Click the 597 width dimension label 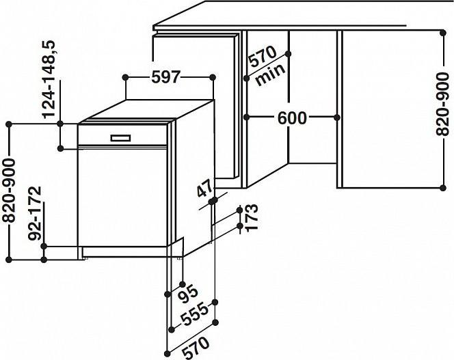tap(166, 77)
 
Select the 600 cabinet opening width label tap(292, 117)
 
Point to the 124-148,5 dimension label tap(49, 79)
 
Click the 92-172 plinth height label tap(35, 214)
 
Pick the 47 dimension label tap(205, 188)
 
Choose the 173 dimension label tap(251, 217)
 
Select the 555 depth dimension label tap(194, 314)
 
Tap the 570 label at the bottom tap(195, 348)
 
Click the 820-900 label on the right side tap(442, 105)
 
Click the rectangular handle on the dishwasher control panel tap(120, 138)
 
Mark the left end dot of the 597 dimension tap(125, 77)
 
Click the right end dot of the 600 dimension tap(336, 117)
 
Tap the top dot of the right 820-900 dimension tap(442, 33)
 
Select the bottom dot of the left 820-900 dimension tap(9, 260)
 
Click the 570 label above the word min tap(263, 57)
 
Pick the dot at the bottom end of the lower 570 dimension tap(168, 353)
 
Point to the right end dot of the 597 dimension tap(213, 77)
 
